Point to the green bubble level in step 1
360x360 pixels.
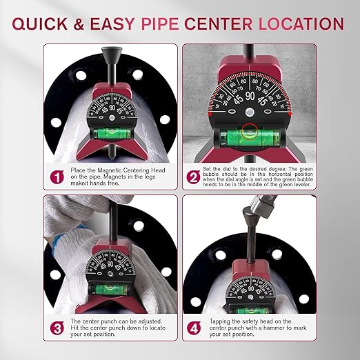tap(111, 129)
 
